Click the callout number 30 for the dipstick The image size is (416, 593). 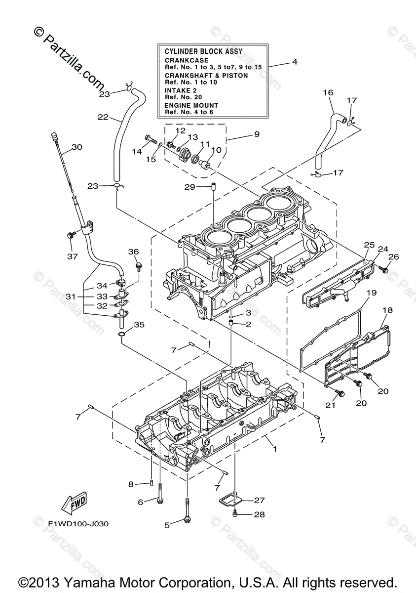[x=76, y=147]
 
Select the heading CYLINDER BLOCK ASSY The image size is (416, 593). [x=200, y=50]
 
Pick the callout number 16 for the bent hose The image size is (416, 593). [x=328, y=92]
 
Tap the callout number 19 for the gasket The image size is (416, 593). [x=371, y=293]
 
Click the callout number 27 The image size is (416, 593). [x=260, y=500]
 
